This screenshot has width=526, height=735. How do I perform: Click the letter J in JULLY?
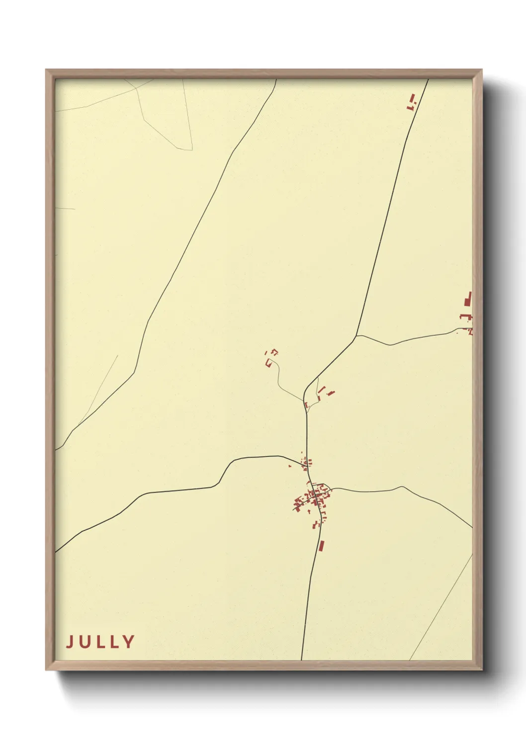pyautogui.click(x=70, y=642)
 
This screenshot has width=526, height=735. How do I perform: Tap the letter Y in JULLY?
pyautogui.click(x=128, y=642)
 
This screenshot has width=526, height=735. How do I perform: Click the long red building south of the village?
pyautogui.click(x=321, y=546)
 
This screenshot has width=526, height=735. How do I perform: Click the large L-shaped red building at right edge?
pyautogui.click(x=467, y=300)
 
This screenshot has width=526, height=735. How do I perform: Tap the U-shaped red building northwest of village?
pyautogui.click(x=268, y=363)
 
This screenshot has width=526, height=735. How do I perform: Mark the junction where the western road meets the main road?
pyautogui.click(x=306, y=467)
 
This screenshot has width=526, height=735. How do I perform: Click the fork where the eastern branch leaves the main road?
pyautogui.click(x=356, y=336)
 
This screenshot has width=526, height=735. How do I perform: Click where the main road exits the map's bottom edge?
pyautogui.click(x=301, y=659)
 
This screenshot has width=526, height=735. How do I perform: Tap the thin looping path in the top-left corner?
pyautogui.click(x=164, y=129)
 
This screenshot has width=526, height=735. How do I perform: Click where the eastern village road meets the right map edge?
pyautogui.click(x=471, y=527)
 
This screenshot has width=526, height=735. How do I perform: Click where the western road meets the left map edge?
pyautogui.click(x=56, y=551)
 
